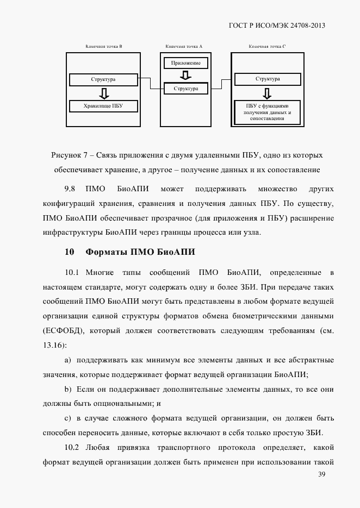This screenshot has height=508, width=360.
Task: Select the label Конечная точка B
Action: point(103,47)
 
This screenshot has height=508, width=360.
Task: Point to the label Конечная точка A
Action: point(184,47)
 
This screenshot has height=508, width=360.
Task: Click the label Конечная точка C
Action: point(267,47)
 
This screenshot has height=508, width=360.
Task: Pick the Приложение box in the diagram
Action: point(185,63)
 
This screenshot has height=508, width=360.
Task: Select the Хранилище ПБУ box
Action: point(103,106)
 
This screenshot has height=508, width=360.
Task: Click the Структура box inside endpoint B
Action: point(103,80)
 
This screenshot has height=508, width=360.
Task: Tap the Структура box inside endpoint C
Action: point(268,79)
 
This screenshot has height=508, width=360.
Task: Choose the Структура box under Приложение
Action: point(186,88)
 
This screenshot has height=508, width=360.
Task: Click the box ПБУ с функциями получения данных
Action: point(268,112)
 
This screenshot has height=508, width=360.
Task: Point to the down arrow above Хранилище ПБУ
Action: point(103,93)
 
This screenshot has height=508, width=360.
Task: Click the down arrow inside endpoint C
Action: point(268,92)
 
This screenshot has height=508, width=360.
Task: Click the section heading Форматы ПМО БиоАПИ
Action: point(140,252)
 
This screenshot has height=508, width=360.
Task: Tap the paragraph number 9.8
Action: point(70,189)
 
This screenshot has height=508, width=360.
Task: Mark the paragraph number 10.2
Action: point(72,447)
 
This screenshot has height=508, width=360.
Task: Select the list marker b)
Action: point(68,390)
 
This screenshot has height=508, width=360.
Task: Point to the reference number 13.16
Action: point(53,345)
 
